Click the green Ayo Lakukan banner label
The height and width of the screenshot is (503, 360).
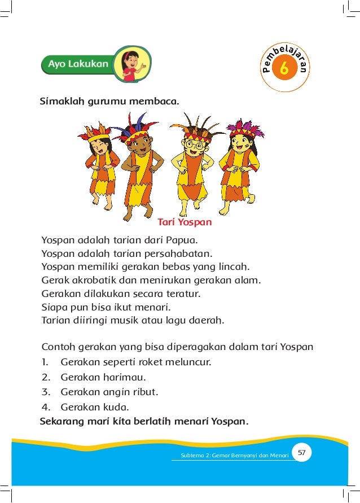[x=77, y=64]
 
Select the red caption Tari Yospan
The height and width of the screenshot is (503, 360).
[x=185, y=222]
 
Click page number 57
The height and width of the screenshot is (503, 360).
[x=301, y=453]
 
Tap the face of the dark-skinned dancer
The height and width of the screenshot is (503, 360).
[x=134, y=148]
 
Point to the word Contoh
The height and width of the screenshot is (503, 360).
[x=59, y=346]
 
